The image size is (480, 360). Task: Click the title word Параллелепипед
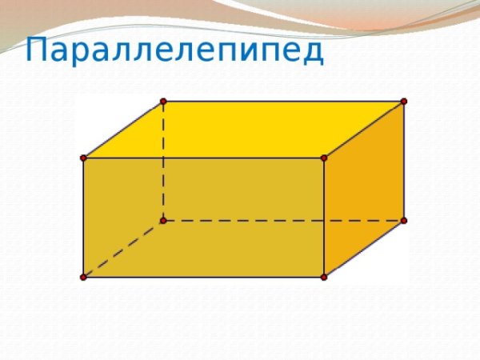click(x=174, y=51)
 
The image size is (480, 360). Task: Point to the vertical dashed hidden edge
click(x=163, y=160)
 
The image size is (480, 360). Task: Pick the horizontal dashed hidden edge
click(x=284, y=219)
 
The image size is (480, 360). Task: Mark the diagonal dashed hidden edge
click(x=123, y=248)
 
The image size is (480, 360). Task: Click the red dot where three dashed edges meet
click(x=163, y=219)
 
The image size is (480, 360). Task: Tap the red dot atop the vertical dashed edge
click(x=163, y=101)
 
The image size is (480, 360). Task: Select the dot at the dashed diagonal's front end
click(x=83, y=277)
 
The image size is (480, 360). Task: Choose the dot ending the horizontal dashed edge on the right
click(x=404, y=219)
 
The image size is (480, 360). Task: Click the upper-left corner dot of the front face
click(x=83, y=158)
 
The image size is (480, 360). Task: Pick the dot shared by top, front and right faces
click(x=324, y=158)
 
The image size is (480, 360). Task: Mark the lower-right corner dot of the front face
click(x=324, y=277)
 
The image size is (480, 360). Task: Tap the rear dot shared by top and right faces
click(x=404, y=101)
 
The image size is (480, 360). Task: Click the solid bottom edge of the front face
click(x=204, y=277)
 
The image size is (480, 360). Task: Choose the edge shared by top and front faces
click(x=204, y=158)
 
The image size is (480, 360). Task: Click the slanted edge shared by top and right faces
click(x=364, y=130)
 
